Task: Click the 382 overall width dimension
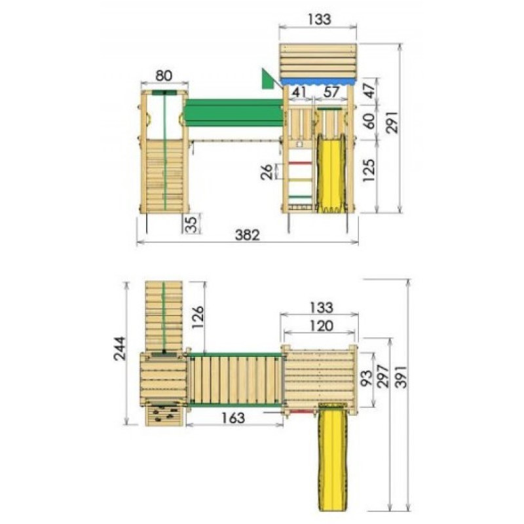click(x=248, y=235)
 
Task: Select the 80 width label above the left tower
click(x=164, y=76)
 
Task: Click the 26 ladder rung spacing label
click(x=267, y=172)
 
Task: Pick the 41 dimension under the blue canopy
click(x=299, y=92)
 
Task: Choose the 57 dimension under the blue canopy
click(x=331, y=92)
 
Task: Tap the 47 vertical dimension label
click(x=369, y=90)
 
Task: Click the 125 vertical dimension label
click(x=369, y=170)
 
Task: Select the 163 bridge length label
click(x=233, y=418)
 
